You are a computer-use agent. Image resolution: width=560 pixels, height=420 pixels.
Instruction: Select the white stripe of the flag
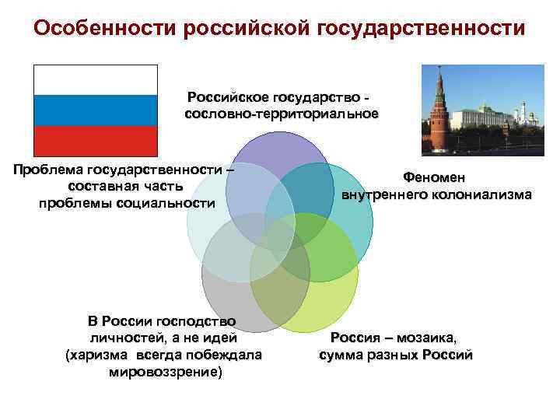[95, 79]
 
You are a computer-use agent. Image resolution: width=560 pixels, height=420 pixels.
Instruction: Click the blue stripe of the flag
[95, 110]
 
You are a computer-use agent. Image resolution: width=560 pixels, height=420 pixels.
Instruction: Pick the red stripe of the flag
[95, 140]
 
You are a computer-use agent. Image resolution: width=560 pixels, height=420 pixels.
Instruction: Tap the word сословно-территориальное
[282, 114]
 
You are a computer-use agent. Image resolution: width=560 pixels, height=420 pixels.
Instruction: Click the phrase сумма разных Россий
[396, 355]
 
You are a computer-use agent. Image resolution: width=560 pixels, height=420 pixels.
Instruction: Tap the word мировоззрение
[164, 372]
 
